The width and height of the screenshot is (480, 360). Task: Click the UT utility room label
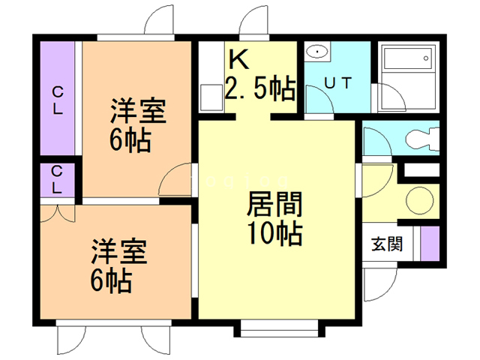click(337, 84)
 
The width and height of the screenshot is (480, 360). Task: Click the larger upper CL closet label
click(57, 97)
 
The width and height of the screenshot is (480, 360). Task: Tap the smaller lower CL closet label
click(57, 179)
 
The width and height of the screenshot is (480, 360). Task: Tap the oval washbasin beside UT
click(318, 52)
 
